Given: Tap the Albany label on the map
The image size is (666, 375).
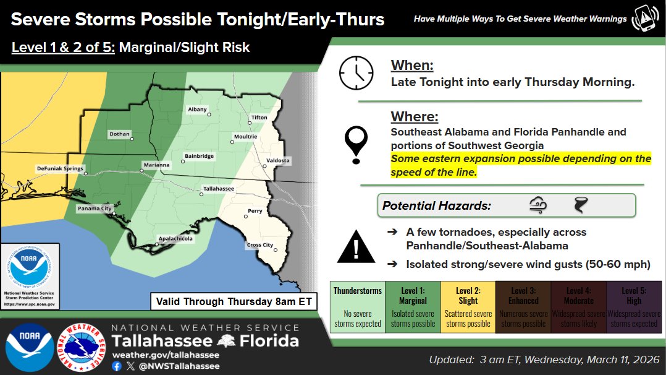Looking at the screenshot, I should pos(197,110).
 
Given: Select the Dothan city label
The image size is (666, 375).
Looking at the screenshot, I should pos(119,134).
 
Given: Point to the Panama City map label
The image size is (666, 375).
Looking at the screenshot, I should pos(95,209).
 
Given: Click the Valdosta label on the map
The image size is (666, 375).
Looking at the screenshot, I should pos(277,160).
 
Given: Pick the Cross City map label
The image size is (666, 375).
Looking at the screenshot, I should pos(260,245).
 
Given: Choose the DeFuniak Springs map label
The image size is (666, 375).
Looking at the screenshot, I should pos(59,168).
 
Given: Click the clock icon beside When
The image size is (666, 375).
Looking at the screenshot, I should pos(356,73).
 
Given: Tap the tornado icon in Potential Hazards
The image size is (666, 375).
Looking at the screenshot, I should pos(581,205).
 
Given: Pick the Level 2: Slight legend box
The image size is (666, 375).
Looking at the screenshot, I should pos(468,307).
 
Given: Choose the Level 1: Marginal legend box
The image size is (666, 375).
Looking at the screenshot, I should pos(413,307).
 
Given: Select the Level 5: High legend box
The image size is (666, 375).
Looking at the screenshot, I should pos(633,307).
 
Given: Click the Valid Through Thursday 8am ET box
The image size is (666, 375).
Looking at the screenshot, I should pos(234,302).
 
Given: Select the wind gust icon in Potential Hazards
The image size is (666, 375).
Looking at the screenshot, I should pos(537,205).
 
